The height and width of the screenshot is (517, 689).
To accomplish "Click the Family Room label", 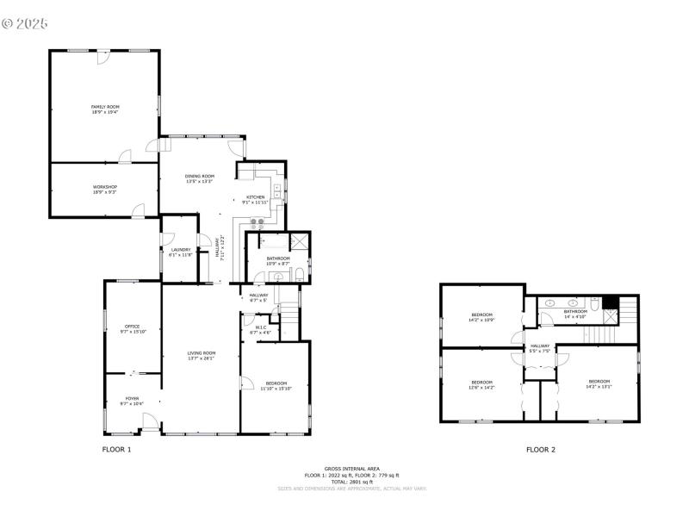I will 105,108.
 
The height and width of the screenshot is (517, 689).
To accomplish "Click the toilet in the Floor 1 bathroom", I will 298,276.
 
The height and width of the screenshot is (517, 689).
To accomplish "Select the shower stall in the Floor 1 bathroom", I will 301,241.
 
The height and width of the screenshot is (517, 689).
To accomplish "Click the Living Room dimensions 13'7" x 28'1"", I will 202,358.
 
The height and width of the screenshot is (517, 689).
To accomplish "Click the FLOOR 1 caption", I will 117,450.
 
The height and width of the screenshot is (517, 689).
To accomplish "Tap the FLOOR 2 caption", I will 541,450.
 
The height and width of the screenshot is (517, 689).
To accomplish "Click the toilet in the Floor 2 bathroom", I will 595,304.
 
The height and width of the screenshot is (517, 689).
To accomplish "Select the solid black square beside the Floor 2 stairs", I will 611,302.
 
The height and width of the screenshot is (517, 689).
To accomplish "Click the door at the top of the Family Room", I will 102,54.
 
